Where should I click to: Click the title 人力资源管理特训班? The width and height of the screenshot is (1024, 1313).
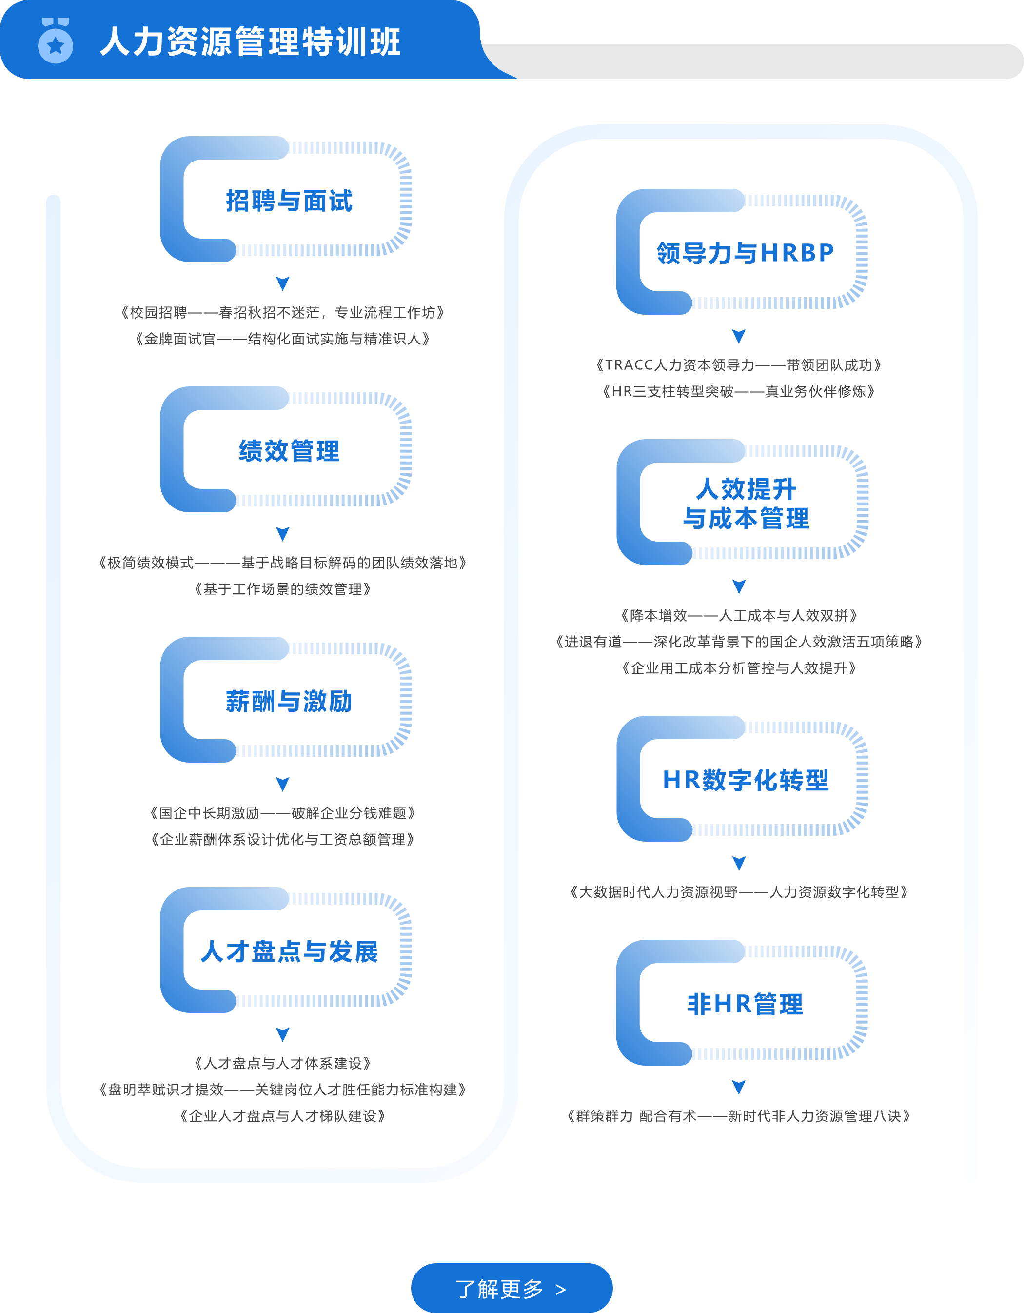pyautogui.click(x=250, y=42)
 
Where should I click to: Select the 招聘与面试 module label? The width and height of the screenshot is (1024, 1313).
pyautogui.click(x=289, y=201)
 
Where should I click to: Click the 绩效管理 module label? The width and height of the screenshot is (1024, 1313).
pyautogui.click(x=289, y=451)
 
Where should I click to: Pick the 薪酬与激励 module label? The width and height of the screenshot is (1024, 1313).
pyautogui.click(x=289, y=701)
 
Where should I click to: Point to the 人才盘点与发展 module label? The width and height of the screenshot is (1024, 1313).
pyautogui.click(x=289, y=951)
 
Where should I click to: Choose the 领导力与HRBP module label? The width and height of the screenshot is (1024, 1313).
pyautogui.click(x=745, y=253)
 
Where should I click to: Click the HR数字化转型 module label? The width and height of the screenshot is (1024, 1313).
pyautogui.click(x=745, y=780)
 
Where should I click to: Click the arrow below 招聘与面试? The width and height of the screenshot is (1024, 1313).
pyautogui.click(x=282, y=283)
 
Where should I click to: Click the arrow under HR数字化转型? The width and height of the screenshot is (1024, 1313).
pyautogui.click(x=739, y=863)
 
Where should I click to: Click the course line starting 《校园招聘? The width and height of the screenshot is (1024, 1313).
pyautogui.click(x=282, y=313)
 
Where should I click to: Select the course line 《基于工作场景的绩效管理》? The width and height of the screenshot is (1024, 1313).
pyautogui.click(x=282, y=589)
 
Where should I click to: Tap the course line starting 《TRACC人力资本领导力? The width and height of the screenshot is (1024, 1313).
pyautogui.click(x=739, y=365)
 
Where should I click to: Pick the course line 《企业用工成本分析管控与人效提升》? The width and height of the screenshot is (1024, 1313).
pyautogui.click(x=739, y=668)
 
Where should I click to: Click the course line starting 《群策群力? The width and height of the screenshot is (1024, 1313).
pyautogui.click(x=739, y=1116)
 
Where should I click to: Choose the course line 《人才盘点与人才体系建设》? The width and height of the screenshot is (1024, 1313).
pyautogui.click(x=282, y=1064)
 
